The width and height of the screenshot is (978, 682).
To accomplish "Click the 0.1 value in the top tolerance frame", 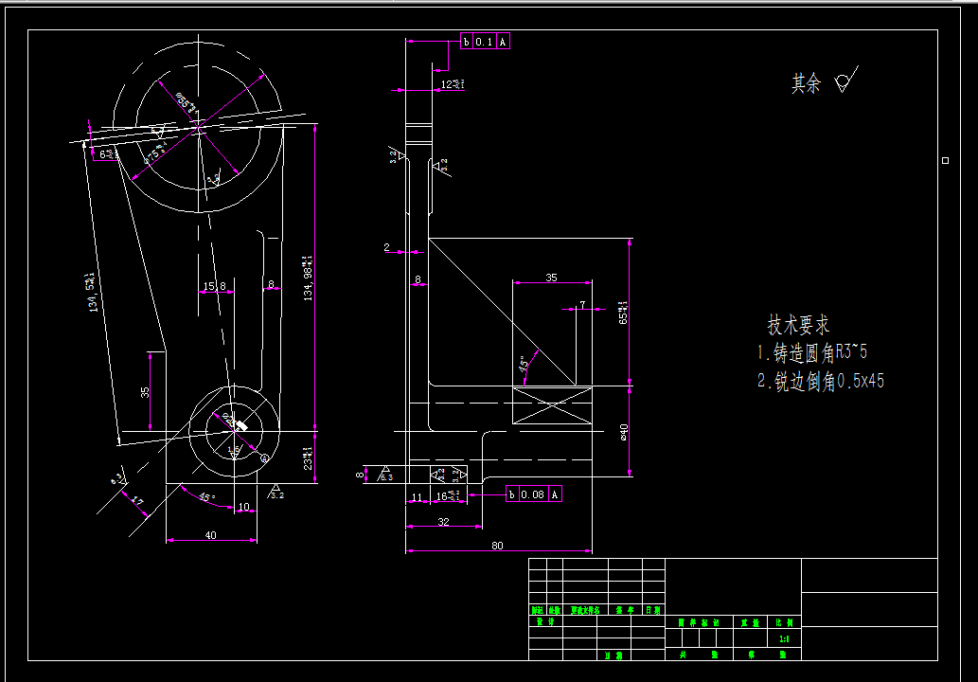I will pos(484,42).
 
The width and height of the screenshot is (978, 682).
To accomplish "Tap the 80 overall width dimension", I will pos(497,545).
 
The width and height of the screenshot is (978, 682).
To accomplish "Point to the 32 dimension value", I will pos(442,521).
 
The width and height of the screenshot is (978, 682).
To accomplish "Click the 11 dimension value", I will pos(416,496).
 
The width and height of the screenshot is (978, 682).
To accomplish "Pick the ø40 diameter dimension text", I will pos(623,432).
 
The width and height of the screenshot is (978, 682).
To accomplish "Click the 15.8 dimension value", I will pos(215,286).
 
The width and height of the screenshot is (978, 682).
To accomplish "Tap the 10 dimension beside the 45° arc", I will pos(243,507).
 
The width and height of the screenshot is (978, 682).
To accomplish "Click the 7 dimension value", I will pos(582,304).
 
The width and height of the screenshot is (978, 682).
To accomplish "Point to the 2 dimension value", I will pos(386,247).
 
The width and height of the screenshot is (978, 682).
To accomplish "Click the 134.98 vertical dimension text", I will pos(307,278).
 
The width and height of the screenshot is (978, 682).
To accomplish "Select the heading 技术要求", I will pos(798,326).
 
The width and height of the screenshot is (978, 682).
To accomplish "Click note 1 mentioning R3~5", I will pos(812,353).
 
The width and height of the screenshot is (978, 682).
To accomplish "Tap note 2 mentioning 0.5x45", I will pos(821,381).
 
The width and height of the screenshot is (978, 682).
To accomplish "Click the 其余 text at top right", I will pos(806,84).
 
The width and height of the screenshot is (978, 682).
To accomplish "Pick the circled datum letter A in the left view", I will pos(264,458).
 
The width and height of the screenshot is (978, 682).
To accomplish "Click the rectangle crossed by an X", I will pos(552,405).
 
